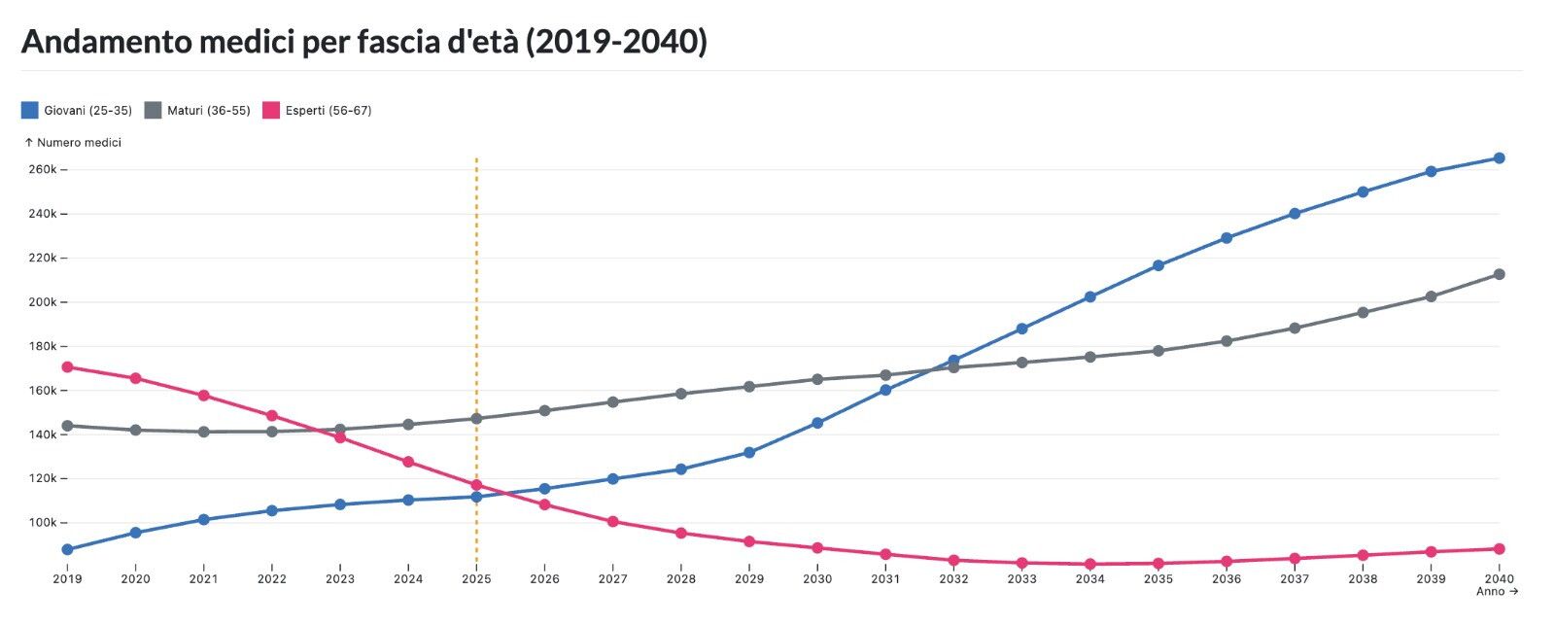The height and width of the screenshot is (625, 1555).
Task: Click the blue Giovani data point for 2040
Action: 1499,158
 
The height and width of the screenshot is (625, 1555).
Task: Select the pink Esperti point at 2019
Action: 67,367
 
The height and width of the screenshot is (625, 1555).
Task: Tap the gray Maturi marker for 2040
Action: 1499,274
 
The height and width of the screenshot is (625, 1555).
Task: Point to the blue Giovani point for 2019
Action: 67,549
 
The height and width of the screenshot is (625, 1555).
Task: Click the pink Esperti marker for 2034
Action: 1089,564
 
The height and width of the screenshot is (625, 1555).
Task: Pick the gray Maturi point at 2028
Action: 681,394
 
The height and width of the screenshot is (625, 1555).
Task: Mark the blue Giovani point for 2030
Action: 817,423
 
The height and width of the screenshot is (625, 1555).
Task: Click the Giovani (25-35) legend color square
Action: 30,111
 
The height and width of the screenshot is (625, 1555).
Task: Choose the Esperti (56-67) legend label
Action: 328,111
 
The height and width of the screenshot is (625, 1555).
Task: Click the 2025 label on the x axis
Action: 476,579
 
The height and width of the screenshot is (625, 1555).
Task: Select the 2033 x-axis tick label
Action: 1021,579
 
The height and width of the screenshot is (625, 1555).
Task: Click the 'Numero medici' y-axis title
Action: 79,143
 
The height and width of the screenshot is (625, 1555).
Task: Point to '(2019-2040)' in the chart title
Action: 616,42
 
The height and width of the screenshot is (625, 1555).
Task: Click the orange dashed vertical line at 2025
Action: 476,292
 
